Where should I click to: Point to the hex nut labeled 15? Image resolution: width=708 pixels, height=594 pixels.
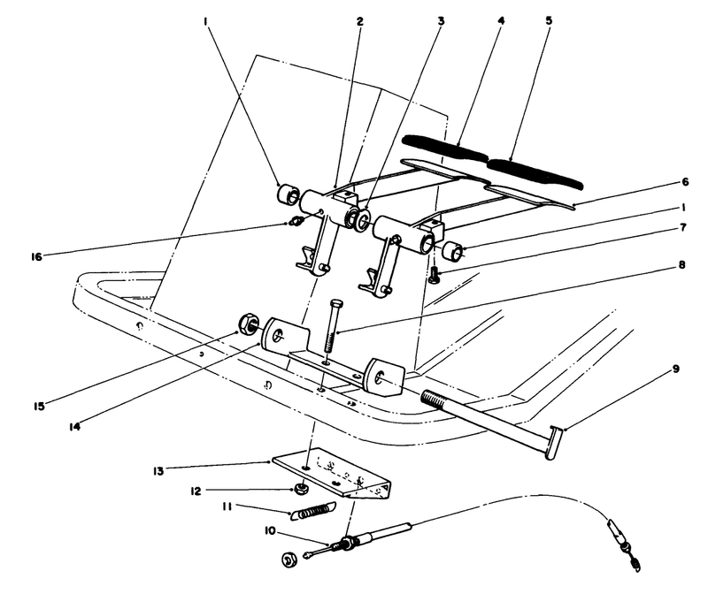click(x=247, y=323)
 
